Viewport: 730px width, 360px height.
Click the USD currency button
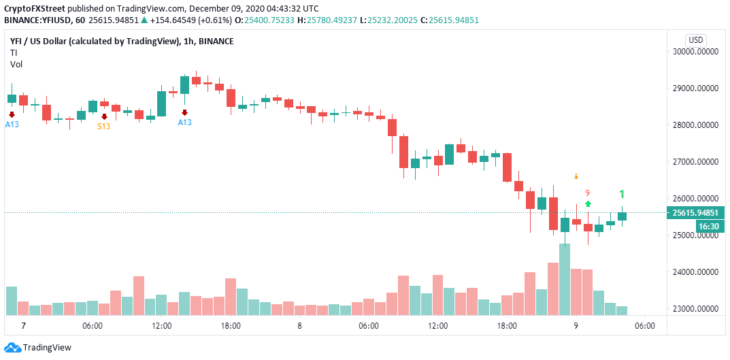(x=696, y=39)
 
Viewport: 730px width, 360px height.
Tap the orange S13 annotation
(x=103, y=127)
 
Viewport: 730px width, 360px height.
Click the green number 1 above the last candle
(x=621, y=194)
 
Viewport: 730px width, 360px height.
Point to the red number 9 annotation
(x=587, y=193)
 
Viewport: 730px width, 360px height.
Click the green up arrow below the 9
(x=588, y=203)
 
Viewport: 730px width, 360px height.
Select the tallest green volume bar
(x=565, y=279)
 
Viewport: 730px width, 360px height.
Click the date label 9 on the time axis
(x=576, y=326)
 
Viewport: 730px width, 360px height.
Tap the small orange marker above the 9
(x=577, y=176)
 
